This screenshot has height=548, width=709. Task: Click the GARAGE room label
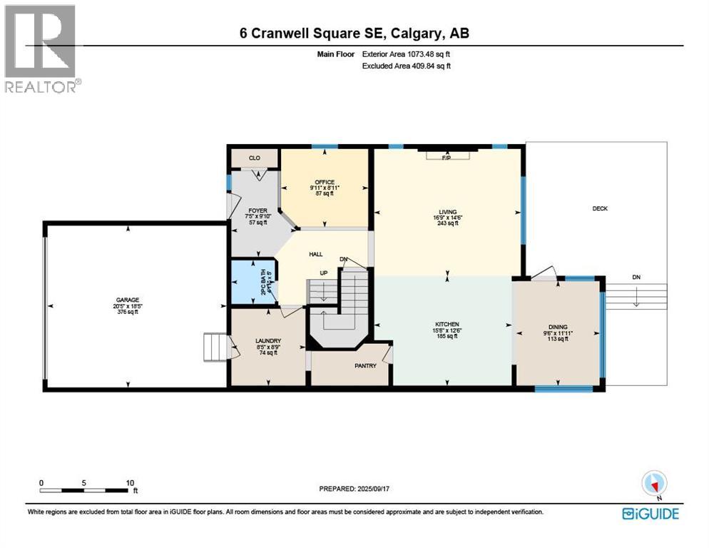(128, 300)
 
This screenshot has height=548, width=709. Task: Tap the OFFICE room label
(325, 182)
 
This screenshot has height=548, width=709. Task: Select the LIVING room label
(447, 212)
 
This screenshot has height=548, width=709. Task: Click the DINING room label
(558, 327)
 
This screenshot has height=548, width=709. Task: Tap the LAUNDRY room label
(269, 341)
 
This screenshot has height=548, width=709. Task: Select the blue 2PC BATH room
(253, 283)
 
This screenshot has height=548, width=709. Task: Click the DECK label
(599, 208)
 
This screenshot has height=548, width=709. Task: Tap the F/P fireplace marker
(447, 158)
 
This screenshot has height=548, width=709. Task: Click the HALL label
(315, 253)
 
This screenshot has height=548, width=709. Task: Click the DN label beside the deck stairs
(636, 277)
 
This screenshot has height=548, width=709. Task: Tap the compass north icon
(654, 483)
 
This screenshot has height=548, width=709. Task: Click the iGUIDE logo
(650, 513)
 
